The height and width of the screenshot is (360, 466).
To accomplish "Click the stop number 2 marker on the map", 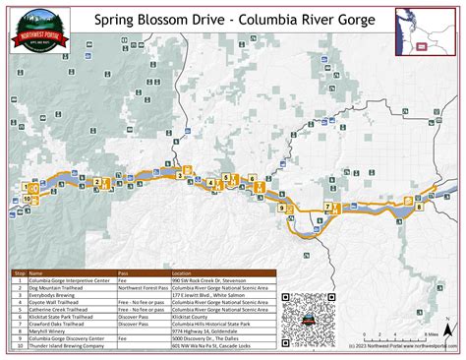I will [x=95, y=181].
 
